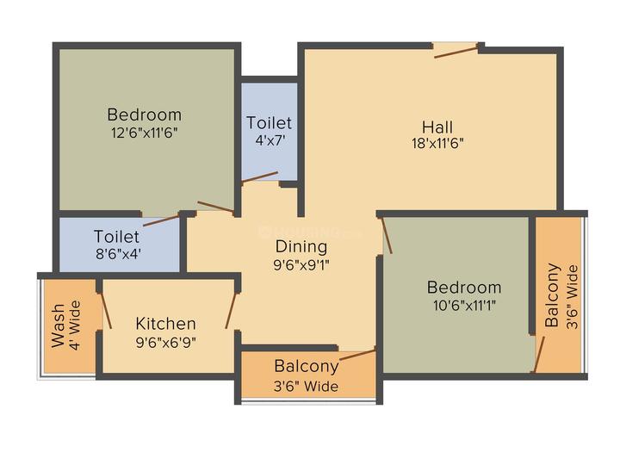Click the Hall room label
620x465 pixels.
click(437, 127)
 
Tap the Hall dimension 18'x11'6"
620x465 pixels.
click(437, 143)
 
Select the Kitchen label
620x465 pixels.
click(165, 324)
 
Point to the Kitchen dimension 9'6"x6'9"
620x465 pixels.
click(165, 342)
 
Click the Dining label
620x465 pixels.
click(301, 247)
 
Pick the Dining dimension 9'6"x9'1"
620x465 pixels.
click(301, 264)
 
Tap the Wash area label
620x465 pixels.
click(59, 325)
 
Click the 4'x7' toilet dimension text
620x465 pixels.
click(270, 140)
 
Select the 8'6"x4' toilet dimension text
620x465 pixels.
click(118, 253)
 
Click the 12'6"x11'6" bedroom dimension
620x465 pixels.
click(144, 133)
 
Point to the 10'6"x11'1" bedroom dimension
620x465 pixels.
click(464, 305)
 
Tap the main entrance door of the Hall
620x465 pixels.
click(456, 53)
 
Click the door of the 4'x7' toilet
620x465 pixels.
click(260, 177)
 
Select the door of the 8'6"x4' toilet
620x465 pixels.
click(161, 220)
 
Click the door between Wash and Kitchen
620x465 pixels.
click(106, 310)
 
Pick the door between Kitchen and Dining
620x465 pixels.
click(231, 310)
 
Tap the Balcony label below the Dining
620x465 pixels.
click(307, 366)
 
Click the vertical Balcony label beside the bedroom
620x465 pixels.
click(552, 295)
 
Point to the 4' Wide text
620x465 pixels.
click(75, 325)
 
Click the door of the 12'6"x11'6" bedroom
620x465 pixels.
click(216, 208)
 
